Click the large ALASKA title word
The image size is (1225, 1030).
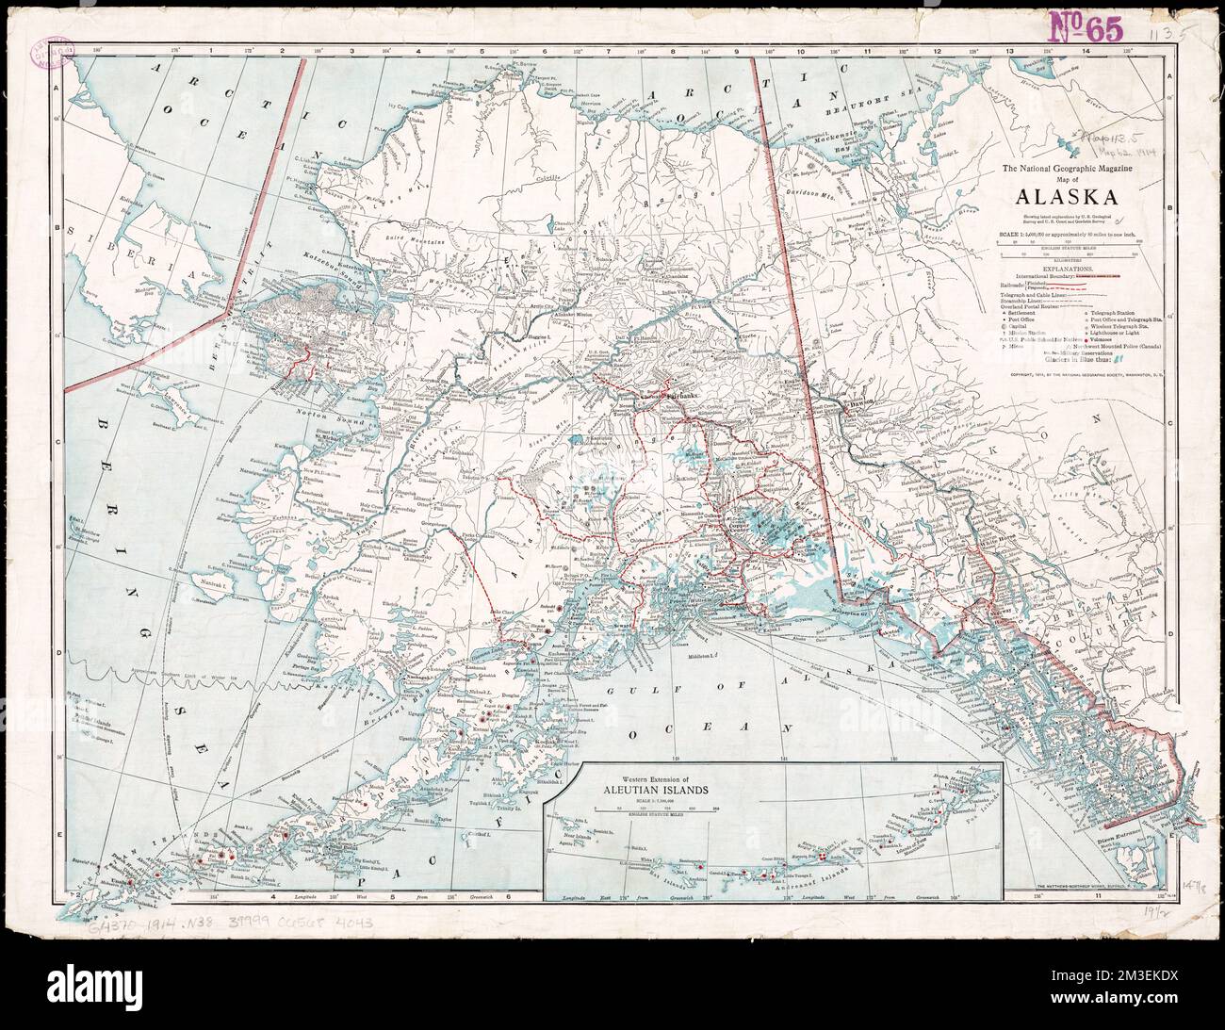1067,197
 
